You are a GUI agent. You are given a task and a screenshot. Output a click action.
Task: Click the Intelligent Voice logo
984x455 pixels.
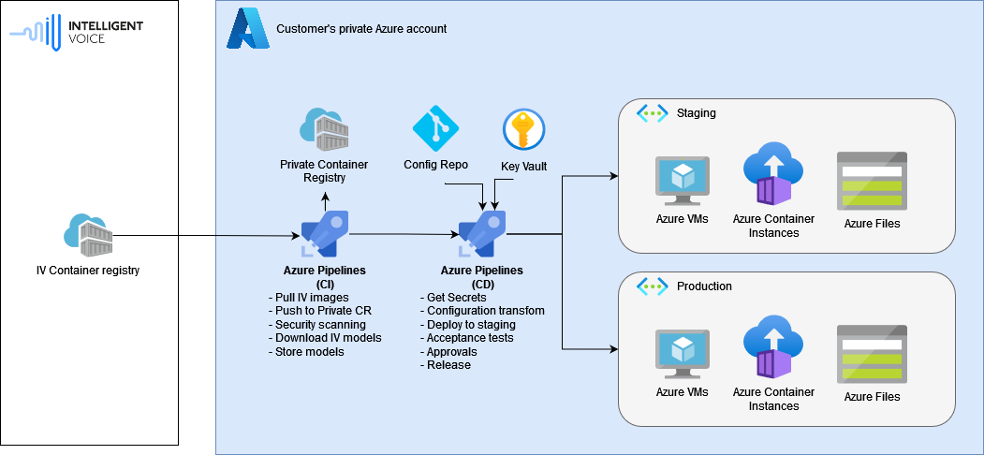click(76, 32)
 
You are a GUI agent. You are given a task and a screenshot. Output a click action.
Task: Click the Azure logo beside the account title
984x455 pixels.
click(247, 29)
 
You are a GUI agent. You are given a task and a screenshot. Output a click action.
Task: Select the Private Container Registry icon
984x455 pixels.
click(323, 130)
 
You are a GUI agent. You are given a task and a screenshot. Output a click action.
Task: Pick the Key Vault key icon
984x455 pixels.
click(523, 129)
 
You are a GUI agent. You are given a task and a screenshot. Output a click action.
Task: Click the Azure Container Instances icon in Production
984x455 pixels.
click(773, 352)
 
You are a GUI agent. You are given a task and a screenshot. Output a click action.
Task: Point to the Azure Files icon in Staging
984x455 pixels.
click(872, 181)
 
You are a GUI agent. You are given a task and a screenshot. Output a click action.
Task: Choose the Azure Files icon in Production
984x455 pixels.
click(872, 354)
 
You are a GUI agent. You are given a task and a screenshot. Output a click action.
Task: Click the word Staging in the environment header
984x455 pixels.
click(696, 113)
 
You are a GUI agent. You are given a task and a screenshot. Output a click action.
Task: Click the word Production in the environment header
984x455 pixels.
click(704, 286)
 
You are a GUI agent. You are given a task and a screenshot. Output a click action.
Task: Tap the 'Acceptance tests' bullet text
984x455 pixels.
click(469, 338)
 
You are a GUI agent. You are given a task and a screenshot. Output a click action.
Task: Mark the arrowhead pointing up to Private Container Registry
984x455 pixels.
click(324, 197)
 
